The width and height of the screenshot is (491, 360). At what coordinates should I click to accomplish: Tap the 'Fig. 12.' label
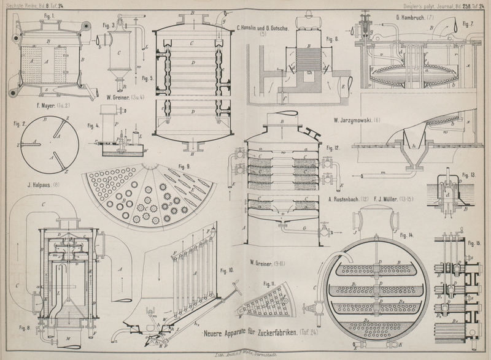pyautogui.click(x=333, y=148)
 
